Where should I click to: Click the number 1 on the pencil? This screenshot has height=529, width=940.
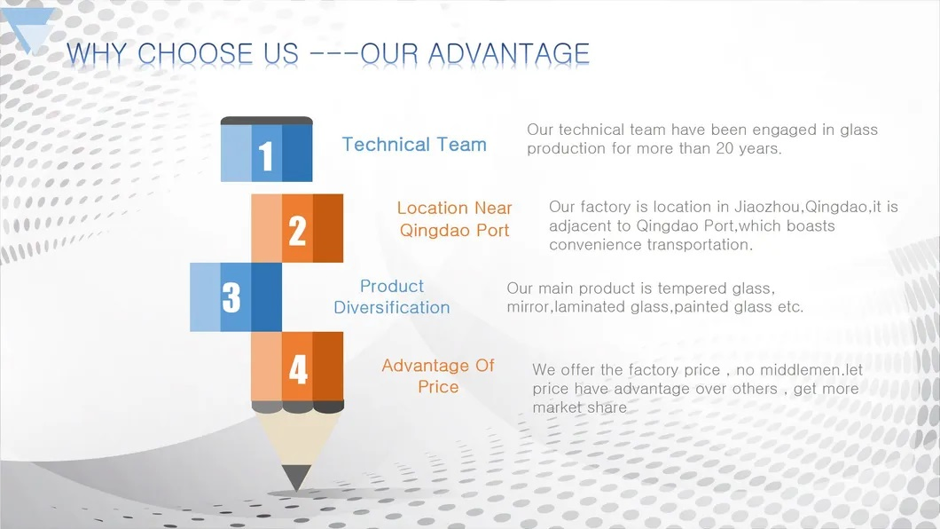click(x=265, y=156)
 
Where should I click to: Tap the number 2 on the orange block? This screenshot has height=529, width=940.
click(x=297, y=230)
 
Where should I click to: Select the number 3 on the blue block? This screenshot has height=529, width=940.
click(x=231, y=296)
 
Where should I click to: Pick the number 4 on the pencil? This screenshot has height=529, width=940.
click(x=298, y=368)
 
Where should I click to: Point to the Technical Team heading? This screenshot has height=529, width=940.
click(x=414, y=145)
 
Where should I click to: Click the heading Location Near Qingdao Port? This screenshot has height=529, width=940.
click(x=454, y=219)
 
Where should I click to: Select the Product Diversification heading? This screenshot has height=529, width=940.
click(x=391, y=296)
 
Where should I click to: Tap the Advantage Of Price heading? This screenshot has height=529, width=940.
click(x=438, y=376)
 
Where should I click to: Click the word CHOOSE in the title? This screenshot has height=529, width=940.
click(x=195, y=54)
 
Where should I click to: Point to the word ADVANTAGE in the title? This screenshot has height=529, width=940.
click(x=509, y=54)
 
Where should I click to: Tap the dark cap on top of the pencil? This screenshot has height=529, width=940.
click(x=267, y=121)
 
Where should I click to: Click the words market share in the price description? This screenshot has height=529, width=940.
click(x=579, y=408)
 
